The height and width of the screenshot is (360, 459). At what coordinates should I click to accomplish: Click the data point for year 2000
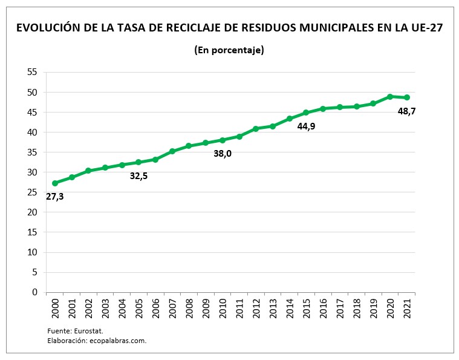click(x=55, y=183)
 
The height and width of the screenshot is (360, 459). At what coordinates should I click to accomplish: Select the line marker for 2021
click(x=407, y=97)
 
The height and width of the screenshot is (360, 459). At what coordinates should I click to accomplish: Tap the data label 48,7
click(x=406, y=111)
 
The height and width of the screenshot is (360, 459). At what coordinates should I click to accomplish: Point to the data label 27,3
click(x=54, y=196)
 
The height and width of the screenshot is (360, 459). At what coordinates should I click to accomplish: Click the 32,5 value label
click(x=138, y=176)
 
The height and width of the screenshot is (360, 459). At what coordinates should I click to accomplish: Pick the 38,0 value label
click(x=223, y=154)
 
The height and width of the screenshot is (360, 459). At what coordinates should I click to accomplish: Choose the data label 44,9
click(x=306, y=126)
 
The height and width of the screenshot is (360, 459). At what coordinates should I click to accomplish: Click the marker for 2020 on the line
click(x=390, y=96)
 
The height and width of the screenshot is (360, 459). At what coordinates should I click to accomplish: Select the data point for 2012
click(x=256, y=128)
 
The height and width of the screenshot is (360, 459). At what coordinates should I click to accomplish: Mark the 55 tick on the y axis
click(x=32, y=72)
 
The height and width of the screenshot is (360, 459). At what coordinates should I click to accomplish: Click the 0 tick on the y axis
click(x=34, y=292)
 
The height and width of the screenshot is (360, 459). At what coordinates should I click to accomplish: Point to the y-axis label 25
click(x=32, y=192)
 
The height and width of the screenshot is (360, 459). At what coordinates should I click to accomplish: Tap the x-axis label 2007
click(x=172, y=309)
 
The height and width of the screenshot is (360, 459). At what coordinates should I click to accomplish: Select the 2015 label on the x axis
click(x=307, y=309)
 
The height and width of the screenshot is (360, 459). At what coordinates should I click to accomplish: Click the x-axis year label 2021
click(x=407, y=309)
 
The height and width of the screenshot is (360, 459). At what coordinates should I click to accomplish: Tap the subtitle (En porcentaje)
click(x=229, y=50)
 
